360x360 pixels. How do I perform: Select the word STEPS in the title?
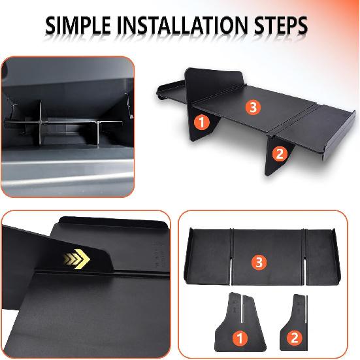click(278, 27)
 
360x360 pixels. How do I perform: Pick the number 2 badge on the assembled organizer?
click(279, 154)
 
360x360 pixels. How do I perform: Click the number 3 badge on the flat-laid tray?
click(258, 263)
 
